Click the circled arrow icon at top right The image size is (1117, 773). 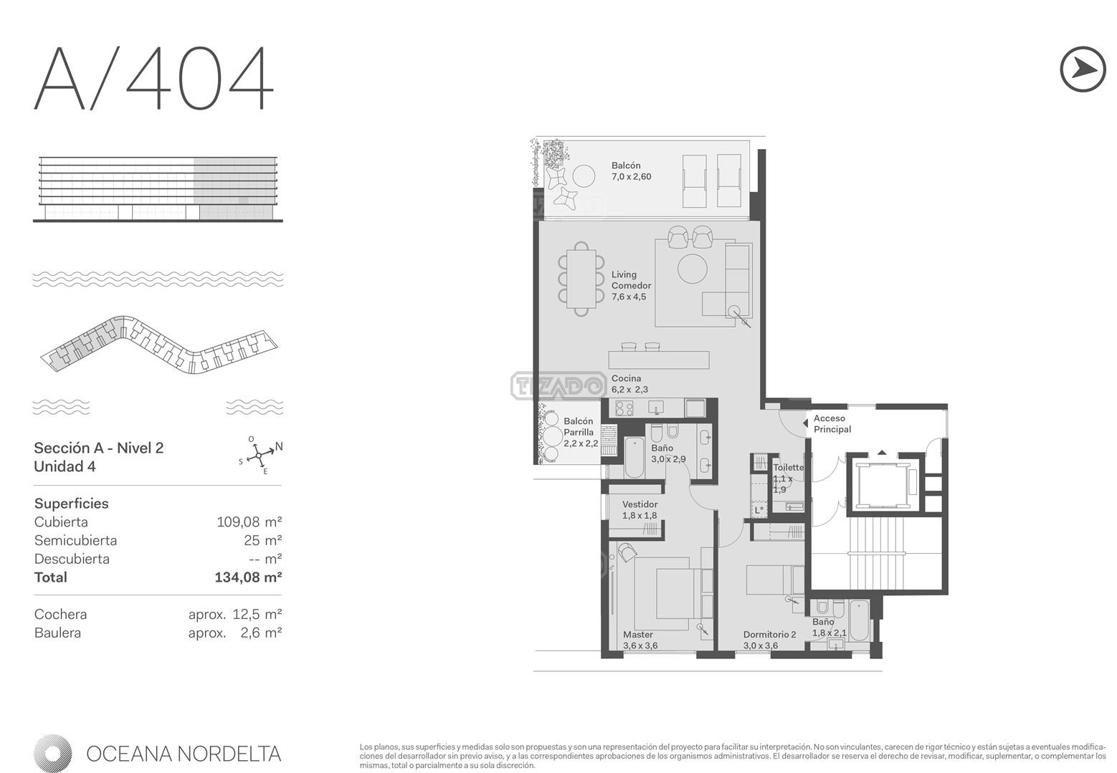[1083, 69]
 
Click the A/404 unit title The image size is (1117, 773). [154, 78]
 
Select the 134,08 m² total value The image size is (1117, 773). [248, 577]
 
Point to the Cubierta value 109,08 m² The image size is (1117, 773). [249, 522]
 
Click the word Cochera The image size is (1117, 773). [60, 614]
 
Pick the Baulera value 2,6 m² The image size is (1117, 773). [261, 633]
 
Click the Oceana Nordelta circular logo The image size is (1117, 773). [53, 754]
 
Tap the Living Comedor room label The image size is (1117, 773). [632, 286]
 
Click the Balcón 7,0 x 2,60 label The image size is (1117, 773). [632, 171]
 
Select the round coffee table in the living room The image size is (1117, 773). [692, 269]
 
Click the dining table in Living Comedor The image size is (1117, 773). [581, 279]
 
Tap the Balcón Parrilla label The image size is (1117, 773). [581, 432]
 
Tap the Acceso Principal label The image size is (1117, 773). [832, 423]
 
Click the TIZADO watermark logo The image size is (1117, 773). [558, 385]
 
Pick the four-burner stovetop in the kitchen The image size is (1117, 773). [624, 408]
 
